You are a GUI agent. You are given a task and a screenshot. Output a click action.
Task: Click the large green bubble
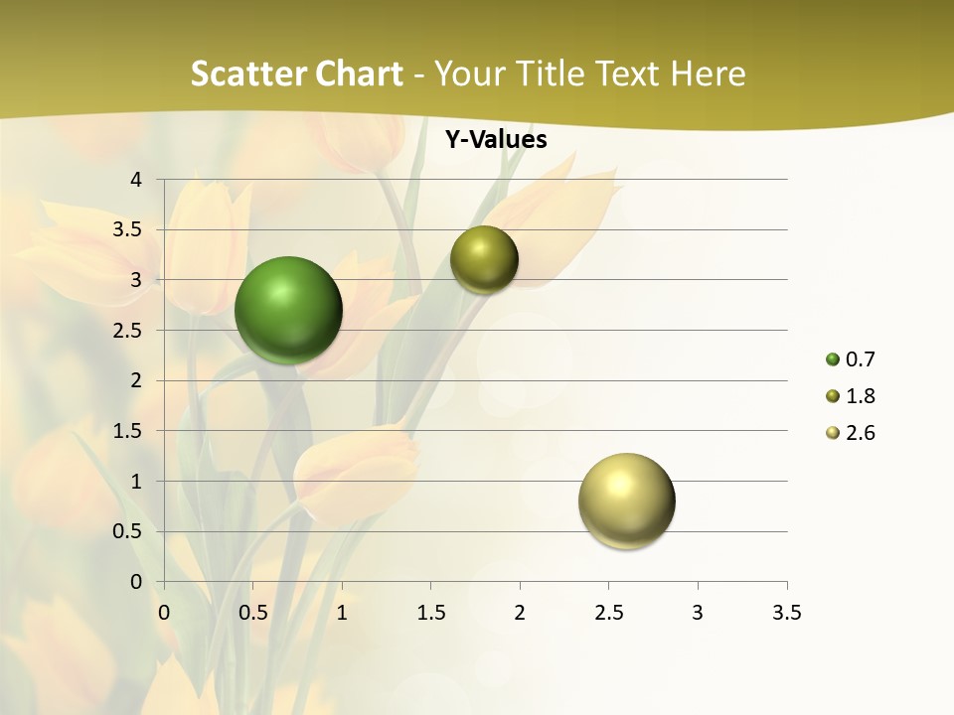click(x=288, y=310)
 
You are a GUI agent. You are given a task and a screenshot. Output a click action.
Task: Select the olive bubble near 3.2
click(x=484, y=259)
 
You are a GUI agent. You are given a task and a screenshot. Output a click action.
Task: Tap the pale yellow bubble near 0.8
click(x=626, y=500)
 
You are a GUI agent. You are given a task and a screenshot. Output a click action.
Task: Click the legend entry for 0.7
click(x=850, y=359)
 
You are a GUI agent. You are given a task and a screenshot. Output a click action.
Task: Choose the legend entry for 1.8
click(x=850, y=396)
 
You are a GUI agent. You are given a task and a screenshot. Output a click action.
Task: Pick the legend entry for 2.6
click(x=850, y=433)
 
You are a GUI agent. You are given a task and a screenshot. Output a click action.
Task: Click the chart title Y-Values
click(x=496, y=140)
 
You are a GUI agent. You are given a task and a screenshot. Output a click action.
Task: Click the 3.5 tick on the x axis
click(x=786, y=613)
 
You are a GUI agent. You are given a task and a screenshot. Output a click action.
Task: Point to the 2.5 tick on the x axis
click(x=608, y=613)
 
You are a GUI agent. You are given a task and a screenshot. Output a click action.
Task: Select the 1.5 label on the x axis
click(x=430, y=613)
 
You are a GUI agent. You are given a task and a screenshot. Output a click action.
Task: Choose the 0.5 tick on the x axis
click(x=252, y=613)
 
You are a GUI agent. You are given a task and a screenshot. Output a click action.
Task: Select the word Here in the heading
click(x=708, y=74)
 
